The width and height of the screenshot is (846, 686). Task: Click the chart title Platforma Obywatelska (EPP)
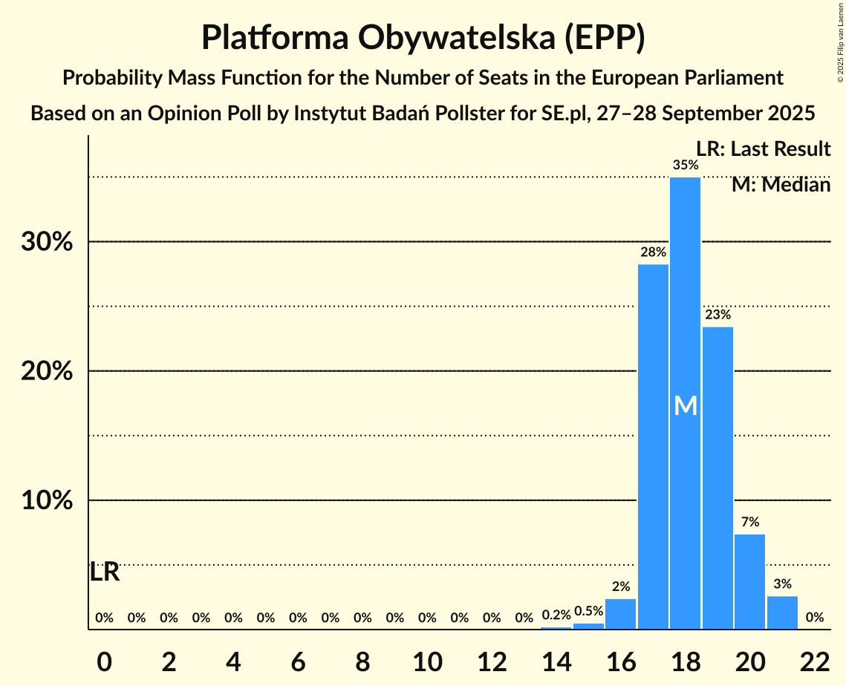tap(423, 37)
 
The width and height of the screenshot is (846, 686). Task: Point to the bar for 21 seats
tap(782, 612)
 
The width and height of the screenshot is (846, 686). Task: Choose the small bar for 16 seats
tap(620, 614)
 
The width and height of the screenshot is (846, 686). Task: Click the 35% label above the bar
tap(685, 166)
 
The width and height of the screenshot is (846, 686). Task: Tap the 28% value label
tap(653, 252)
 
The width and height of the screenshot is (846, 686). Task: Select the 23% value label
tap(718, 315)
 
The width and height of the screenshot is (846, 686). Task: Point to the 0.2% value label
tap(556, 615)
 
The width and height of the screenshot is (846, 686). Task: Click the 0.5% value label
tap(588, 611)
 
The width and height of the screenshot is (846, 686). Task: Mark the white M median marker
tap(685, 405)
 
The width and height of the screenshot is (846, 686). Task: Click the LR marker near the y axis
tap(105, 572)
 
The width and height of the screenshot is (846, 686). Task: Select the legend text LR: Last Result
tap(763, 149)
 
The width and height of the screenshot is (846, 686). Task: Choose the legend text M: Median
tap(781, 184)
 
